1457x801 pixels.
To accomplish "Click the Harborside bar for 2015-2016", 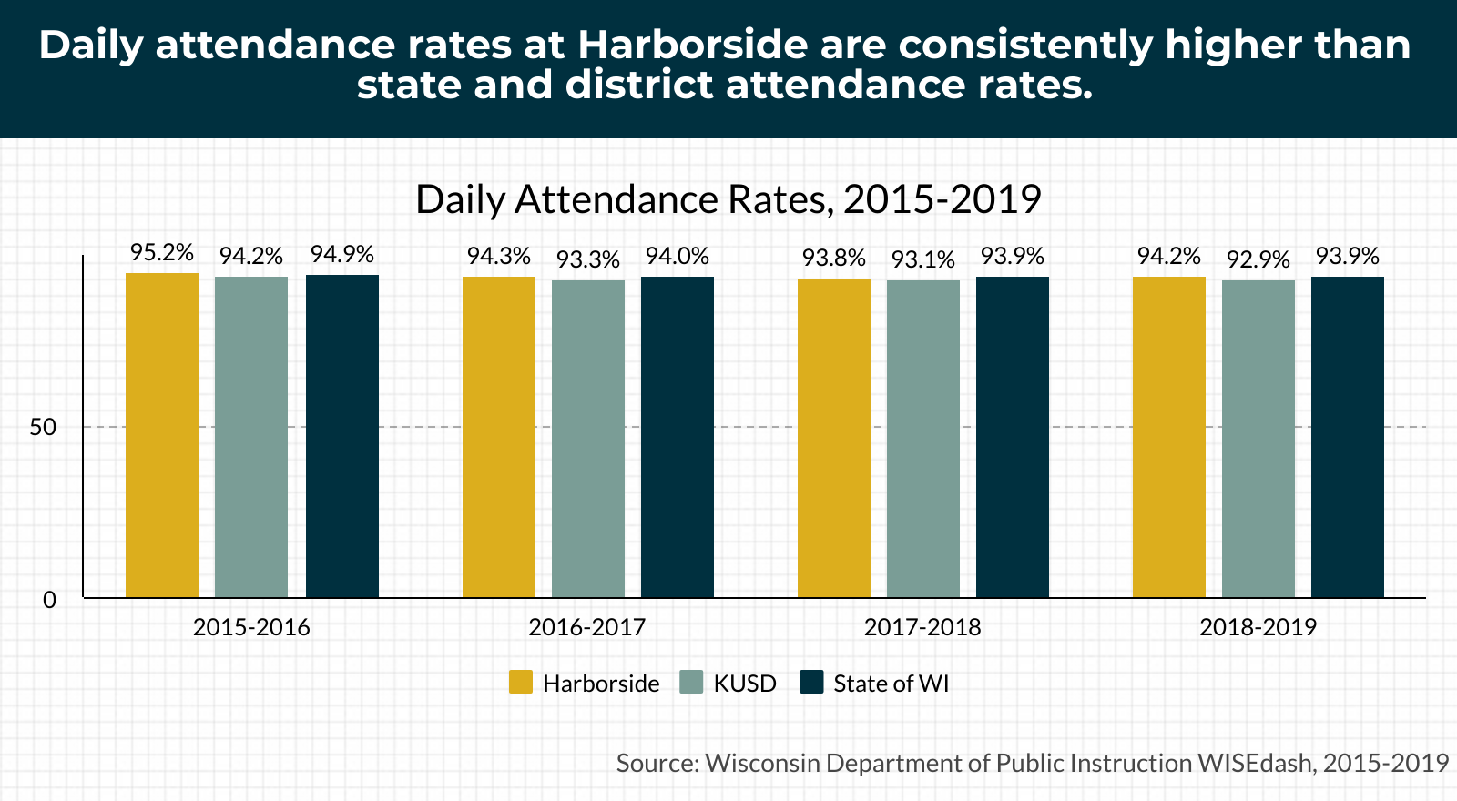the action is (162, 435).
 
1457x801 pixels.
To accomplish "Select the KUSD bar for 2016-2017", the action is (588, 439).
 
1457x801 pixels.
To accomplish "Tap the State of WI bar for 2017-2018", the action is (1012, 437).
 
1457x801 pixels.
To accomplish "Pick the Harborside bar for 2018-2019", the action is (1169, 437).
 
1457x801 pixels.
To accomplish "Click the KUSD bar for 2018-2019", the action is (1258, 439).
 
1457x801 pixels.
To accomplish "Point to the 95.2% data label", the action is (162, 252).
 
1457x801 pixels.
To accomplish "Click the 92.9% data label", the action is (1258, 259).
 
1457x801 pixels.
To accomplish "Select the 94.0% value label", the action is (678, 256).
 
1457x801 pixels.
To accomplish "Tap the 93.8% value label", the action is (834, 259).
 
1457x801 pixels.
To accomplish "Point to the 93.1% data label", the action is (923, 259).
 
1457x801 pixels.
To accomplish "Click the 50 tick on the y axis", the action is (43, 427).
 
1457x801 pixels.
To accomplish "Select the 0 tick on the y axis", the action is (49, 600).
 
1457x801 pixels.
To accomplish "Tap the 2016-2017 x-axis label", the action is (586, 627).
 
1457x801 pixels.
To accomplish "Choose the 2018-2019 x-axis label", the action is (1258, 627).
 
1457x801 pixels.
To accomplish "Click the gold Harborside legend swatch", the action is (520, 682).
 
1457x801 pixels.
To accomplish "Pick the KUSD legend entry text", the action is (745, 684).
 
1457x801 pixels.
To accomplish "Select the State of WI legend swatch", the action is (811, 682).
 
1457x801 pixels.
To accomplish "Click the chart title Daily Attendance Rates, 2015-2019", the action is (728, 199).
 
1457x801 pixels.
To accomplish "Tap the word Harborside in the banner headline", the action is (693, 45).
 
